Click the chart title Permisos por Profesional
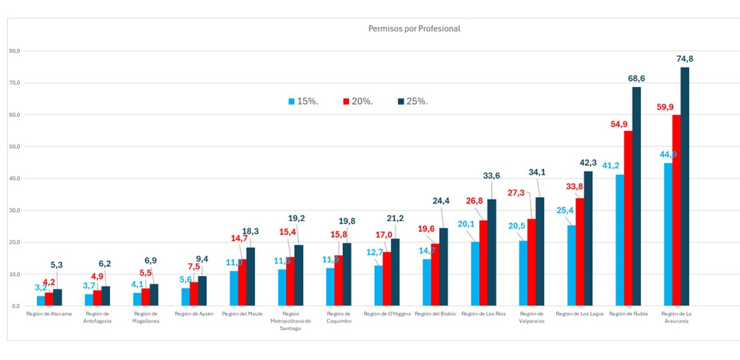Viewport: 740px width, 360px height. coord(414,29)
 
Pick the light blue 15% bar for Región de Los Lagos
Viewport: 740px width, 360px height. coord(571,265)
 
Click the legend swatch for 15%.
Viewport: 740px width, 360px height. coord(291,101)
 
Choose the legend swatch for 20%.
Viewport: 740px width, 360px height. coord(346,101)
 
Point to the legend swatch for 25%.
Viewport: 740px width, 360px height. coord(400,101)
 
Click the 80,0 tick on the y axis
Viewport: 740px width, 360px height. coord(15,51)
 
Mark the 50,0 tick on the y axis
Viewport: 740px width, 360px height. coord(15,146)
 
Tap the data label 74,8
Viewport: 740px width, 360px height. coord(685,59)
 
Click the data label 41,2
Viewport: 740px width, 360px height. coord(611,166)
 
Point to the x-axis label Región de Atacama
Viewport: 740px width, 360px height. coord(49,314)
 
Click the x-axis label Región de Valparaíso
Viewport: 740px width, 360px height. coord(531,317)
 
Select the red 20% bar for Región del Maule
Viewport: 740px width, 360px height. coord(242,282)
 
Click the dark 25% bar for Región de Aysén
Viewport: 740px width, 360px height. coord(202,291)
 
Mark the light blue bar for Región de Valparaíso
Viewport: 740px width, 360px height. coord(523,273)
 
